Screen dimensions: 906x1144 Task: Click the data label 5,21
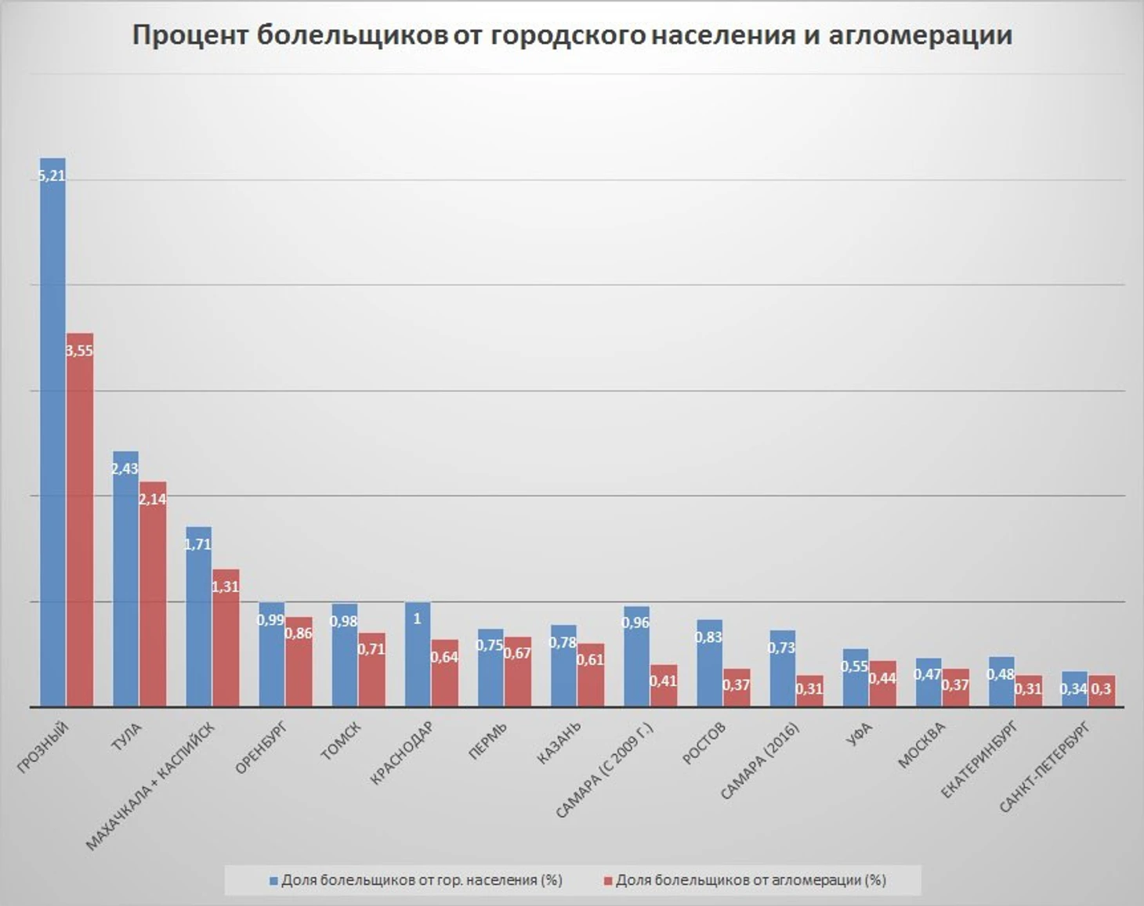point(52,176)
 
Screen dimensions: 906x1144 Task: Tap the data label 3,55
point(79,351)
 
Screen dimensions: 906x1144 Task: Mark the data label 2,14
point(153,499)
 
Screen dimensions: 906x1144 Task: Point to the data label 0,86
point(299,633)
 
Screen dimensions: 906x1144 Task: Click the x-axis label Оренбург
point(262,749)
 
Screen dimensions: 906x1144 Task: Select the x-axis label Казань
point(559,742)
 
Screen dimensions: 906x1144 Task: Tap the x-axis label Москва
point(921,745)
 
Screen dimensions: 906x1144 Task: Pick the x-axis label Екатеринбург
point(979,760)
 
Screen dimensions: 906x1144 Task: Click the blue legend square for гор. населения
point(273,881)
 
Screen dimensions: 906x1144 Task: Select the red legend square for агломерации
point(607,881)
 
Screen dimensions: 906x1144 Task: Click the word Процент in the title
point(190,35)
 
